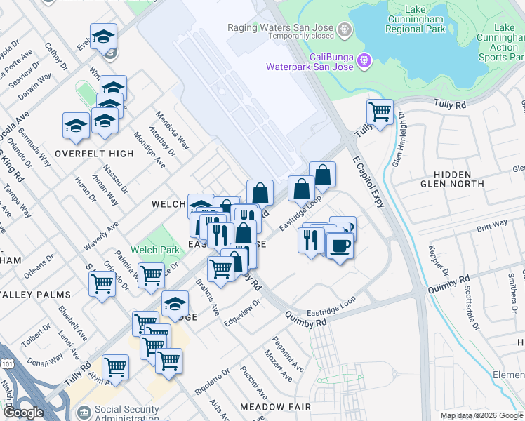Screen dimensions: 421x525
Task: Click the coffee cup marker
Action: [x=340, y=246]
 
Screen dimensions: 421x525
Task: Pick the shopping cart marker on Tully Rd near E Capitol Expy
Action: [x=379, y=111]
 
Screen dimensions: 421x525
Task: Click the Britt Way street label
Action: [x=491, y=225]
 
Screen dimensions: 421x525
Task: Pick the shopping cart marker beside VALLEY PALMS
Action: [x=102, y=283]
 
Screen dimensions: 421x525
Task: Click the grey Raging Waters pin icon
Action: [x=345, y=29]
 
